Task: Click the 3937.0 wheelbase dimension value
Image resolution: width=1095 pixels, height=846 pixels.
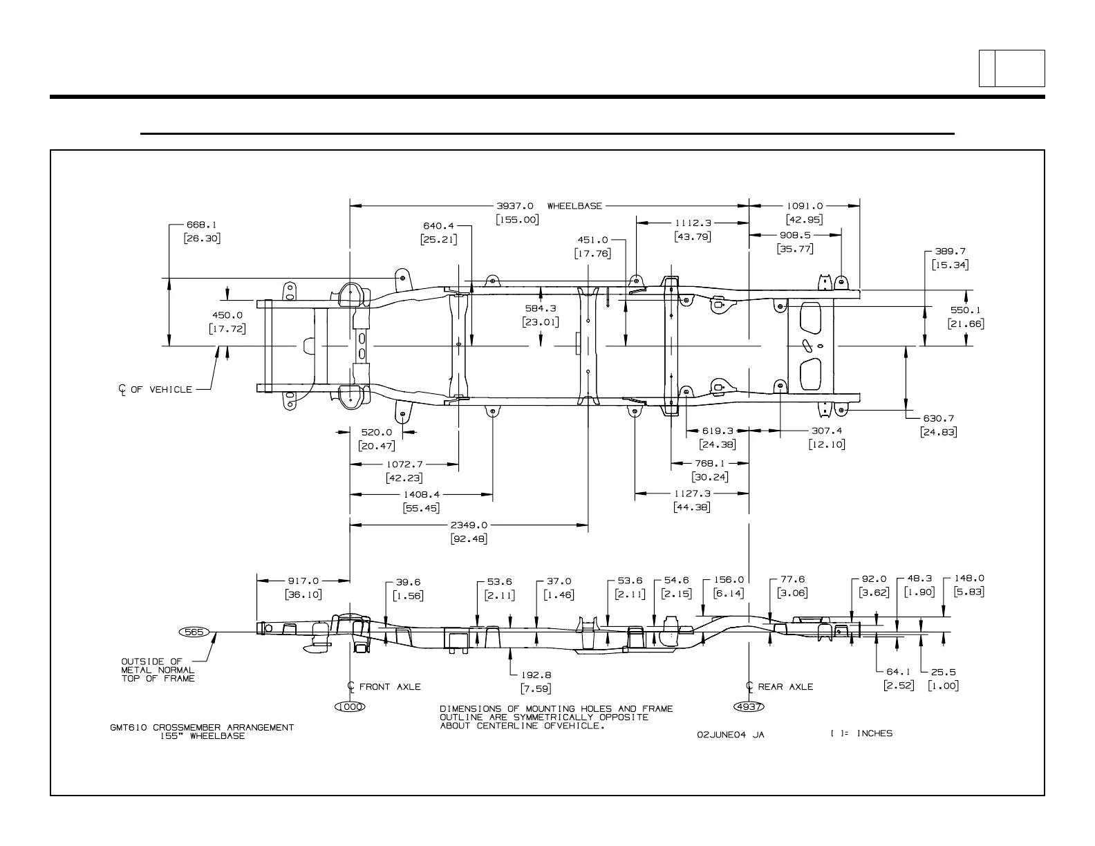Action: (515, 206)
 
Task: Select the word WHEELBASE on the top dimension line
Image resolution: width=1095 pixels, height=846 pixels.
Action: (574, 206)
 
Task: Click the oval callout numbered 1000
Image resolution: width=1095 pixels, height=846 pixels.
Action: (349, 706)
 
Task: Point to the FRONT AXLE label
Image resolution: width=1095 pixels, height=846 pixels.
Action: (389, 687)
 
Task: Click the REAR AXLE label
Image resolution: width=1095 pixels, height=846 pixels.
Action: (785, 687)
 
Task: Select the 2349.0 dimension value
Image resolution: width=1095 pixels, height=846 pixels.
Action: (469, 525)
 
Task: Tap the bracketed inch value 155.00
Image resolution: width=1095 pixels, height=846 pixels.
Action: (516, 220)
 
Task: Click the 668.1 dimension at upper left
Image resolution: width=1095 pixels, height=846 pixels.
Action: (201, 225)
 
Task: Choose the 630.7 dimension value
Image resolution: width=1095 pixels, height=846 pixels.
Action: (938, 418)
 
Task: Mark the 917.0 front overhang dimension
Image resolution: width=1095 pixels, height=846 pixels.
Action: (303, 581)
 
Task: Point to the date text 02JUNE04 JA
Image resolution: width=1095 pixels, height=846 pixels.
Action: (731, 735)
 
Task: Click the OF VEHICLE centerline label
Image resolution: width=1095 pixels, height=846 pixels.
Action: (161, 390)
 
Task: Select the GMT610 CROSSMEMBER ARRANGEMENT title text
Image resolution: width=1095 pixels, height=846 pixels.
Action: (201, 727)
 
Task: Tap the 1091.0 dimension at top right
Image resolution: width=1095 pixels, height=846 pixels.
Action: (805, 206)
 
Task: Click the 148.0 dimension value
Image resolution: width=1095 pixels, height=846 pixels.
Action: (969, 579)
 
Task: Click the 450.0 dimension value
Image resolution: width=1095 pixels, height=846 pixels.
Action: (226, 315)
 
